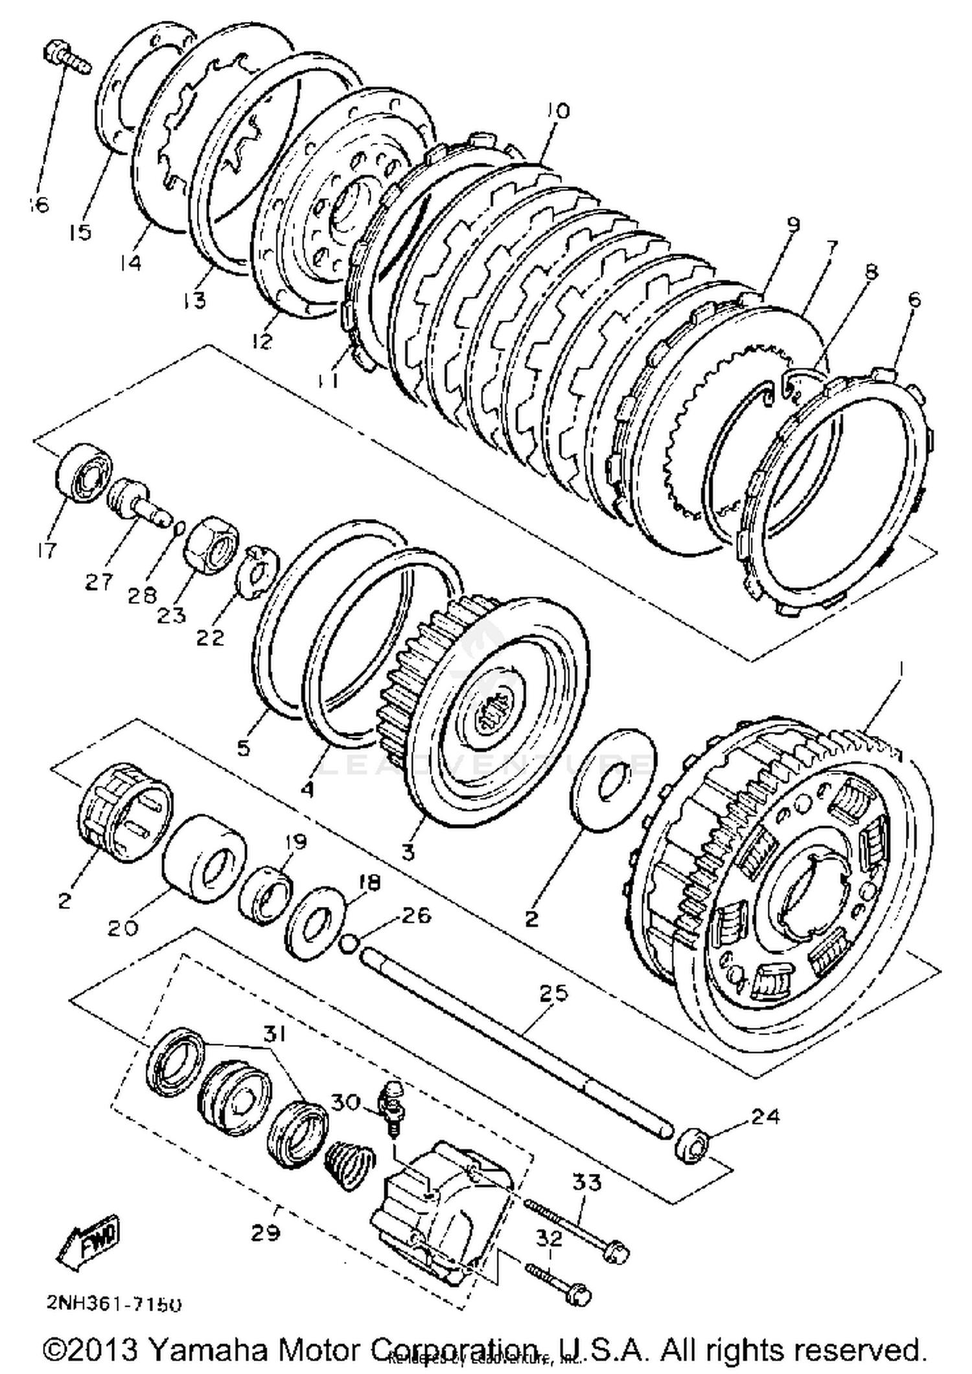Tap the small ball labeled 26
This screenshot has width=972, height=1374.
(349, 944)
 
